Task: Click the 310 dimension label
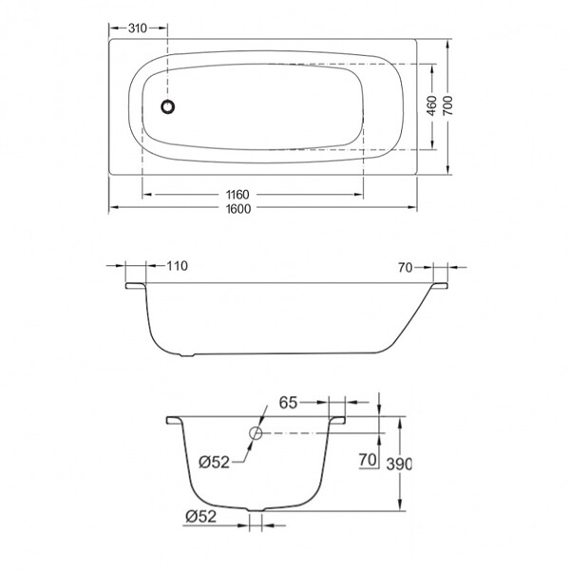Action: click(138, 28)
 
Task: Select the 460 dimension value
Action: click(431, 105)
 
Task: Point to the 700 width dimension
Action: click(447, 105)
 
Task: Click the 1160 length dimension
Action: click(237, 195)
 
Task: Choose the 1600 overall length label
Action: click(238, 209)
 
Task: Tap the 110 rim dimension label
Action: click(177, 266)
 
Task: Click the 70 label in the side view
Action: click(406, 268)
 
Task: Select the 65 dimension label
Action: click(288, 403)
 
